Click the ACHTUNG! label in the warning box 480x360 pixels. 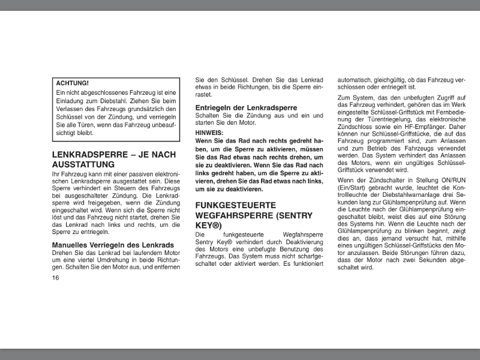[73, 83]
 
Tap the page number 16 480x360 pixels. [56, 278]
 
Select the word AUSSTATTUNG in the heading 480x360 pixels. [83, 164]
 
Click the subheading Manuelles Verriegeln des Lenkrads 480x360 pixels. [113, 245]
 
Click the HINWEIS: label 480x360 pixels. [209, 133]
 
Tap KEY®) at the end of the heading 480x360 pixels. [209, 226]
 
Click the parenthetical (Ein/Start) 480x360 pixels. [355, 188]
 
